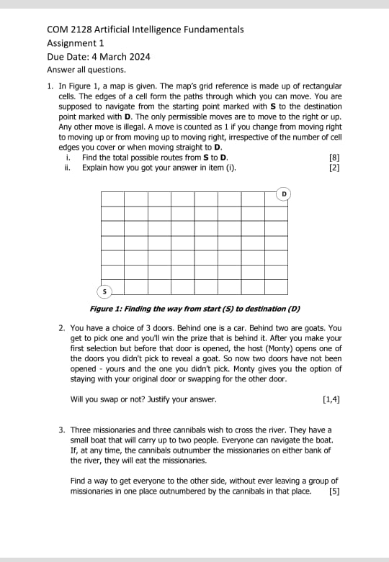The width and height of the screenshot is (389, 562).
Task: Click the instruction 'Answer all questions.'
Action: click(86, 70)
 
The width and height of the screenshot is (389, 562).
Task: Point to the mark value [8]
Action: click(334, 158)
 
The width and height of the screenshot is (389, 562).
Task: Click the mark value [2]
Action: click(334, 168)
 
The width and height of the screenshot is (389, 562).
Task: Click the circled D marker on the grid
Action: click(284, 194)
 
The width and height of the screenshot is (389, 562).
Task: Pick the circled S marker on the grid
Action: click(104, 291)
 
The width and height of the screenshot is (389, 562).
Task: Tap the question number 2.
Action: click(62, 328)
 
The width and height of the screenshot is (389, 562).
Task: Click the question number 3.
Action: click(62, 430)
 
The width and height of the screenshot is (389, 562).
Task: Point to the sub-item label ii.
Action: click(67, 168)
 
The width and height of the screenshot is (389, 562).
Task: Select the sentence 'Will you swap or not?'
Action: click(115, 399)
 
